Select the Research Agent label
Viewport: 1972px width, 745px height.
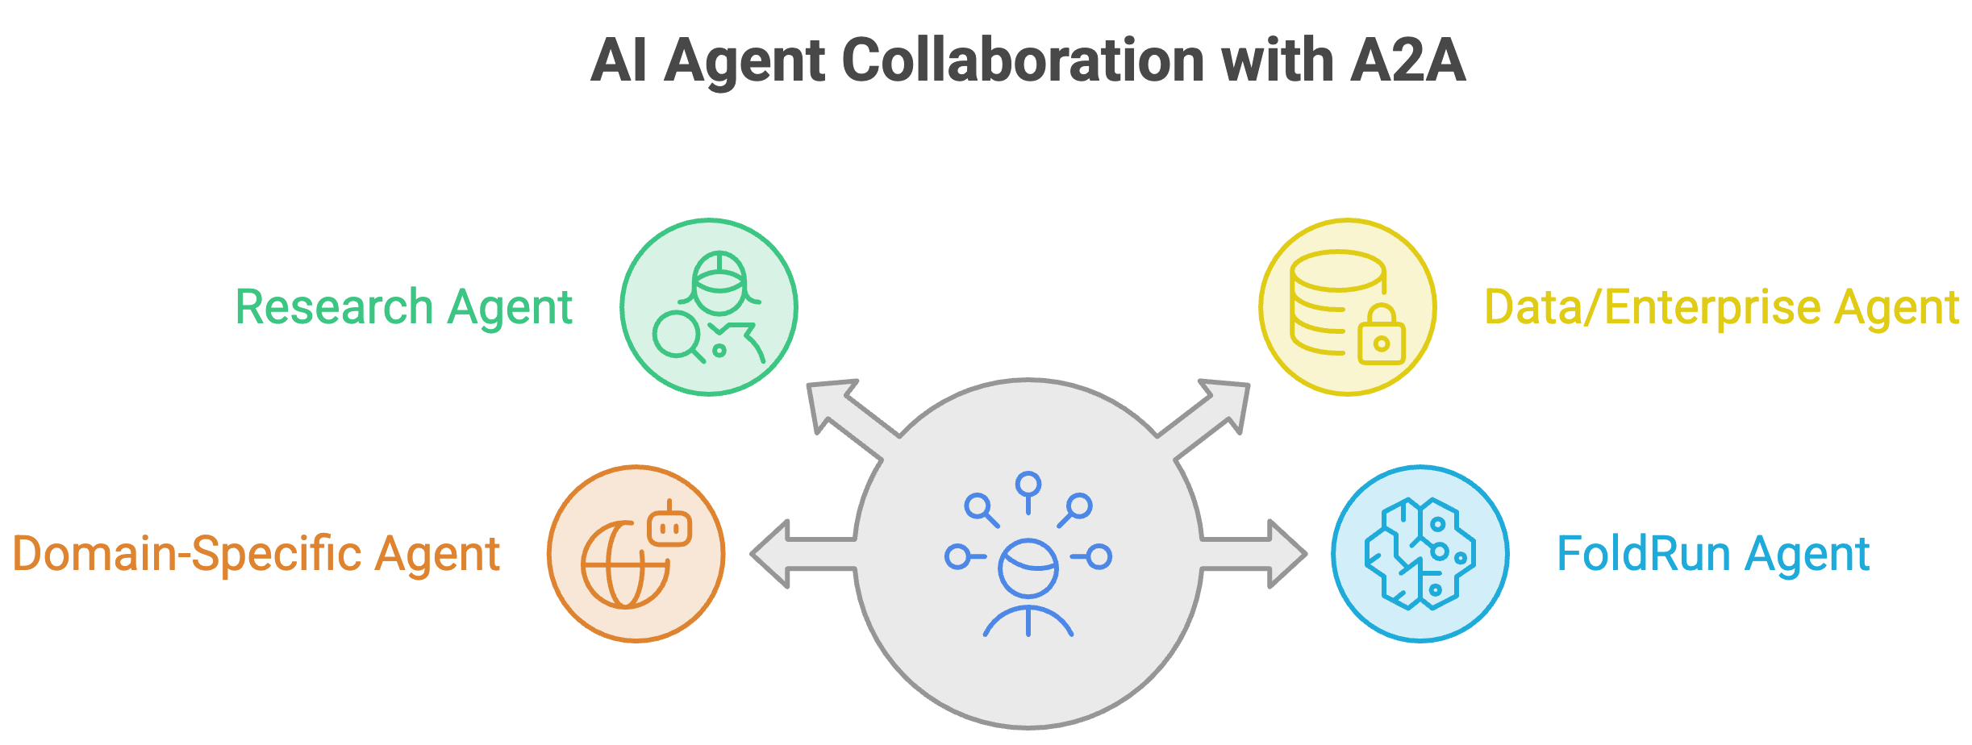(x=404, y=307)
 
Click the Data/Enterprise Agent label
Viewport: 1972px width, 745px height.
(x=1722, y=307)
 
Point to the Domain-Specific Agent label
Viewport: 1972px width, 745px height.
(x=256, y=555)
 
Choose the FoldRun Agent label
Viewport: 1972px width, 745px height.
(x=1713, y=554)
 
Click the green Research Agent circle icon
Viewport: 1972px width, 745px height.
(x=709, y=307)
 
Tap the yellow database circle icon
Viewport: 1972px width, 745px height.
(x=1348, y=307)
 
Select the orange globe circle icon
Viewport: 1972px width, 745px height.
(x=636, y=554)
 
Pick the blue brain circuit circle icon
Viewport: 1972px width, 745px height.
(x=1420, y=554)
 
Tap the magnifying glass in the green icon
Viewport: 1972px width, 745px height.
(x=679, y=337)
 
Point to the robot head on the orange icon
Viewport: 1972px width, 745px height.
(x=669, y=525)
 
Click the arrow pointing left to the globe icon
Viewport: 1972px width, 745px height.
(x=803, y=554)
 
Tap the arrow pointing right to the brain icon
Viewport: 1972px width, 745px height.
(x=1253, y=554)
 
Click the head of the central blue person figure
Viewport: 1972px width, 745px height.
(x=1028, y=568)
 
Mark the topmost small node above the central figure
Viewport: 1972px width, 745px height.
(x=1028, y=485)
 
